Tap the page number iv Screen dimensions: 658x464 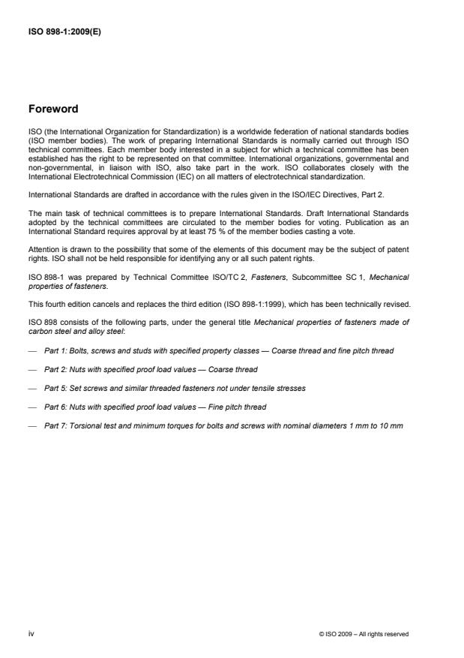point(31,634)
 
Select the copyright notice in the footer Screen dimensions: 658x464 point(364,635)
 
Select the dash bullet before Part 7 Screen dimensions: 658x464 point(31,427)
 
